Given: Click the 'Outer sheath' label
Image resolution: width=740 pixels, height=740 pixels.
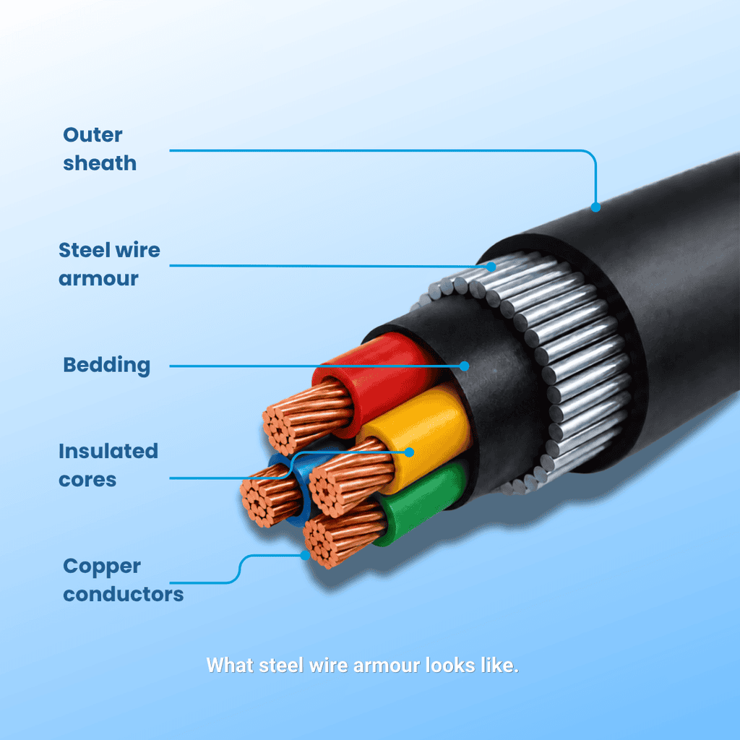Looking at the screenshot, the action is pos(100,149).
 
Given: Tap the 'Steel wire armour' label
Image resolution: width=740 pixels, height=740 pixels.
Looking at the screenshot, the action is pos(109,264).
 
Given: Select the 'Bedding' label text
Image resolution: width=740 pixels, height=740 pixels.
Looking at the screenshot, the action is pos(107,366).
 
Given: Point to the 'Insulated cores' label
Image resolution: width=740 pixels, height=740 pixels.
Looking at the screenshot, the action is pos(108,465).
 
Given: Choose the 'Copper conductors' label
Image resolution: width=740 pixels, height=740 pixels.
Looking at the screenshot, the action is pos(123,580).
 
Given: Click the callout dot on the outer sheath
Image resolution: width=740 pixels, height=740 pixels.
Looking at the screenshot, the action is pos(595,207).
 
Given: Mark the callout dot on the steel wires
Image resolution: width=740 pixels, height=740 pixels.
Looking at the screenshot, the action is pos(491,267).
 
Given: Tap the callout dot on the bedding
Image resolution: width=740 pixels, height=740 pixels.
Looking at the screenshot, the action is pos(465,366).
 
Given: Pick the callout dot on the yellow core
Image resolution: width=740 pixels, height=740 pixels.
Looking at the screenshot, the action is pos(409,452).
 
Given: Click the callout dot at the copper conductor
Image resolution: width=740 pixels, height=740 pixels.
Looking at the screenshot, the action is pos(306,556).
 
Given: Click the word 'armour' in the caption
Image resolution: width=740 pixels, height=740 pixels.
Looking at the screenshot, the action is pos(387,666).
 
